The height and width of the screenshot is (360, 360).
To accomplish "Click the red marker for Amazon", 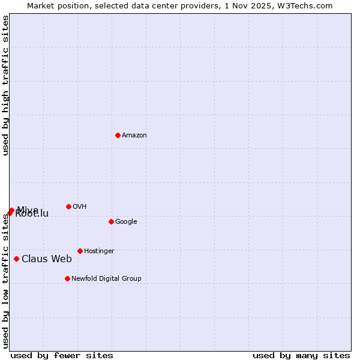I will click(118, 135).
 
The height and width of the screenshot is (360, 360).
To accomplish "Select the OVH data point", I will click(68, 206).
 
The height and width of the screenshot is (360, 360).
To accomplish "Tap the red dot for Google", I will click(111, 221).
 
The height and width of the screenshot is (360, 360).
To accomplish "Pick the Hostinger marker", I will click(80, 251).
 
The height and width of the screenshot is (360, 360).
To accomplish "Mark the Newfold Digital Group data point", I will click(67, 278).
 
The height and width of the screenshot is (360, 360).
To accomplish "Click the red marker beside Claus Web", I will click(16, 259).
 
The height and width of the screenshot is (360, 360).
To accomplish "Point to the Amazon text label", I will click(134, 135).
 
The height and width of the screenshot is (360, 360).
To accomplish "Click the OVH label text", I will click(79, 206).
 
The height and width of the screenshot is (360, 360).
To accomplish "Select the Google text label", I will click(126, 221).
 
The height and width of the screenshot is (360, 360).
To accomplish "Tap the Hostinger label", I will click(99, 251).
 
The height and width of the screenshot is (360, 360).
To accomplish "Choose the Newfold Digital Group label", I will click(106, 278).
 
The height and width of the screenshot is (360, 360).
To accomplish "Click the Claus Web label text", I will click(47, 259).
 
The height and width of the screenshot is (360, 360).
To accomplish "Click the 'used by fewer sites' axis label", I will click(62, 355).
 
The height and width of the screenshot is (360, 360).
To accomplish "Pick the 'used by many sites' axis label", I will click(301, 355).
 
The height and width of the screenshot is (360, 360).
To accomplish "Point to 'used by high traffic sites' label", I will click(5, 85).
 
